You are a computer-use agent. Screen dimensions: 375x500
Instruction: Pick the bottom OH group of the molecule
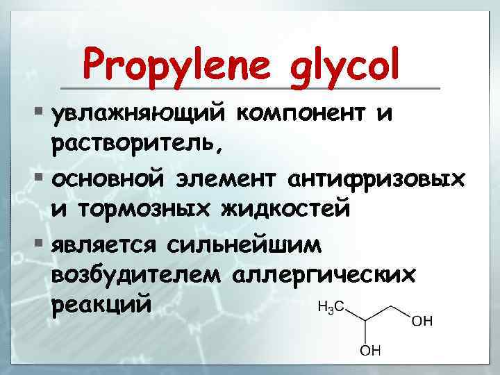click(x=369, y=352)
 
